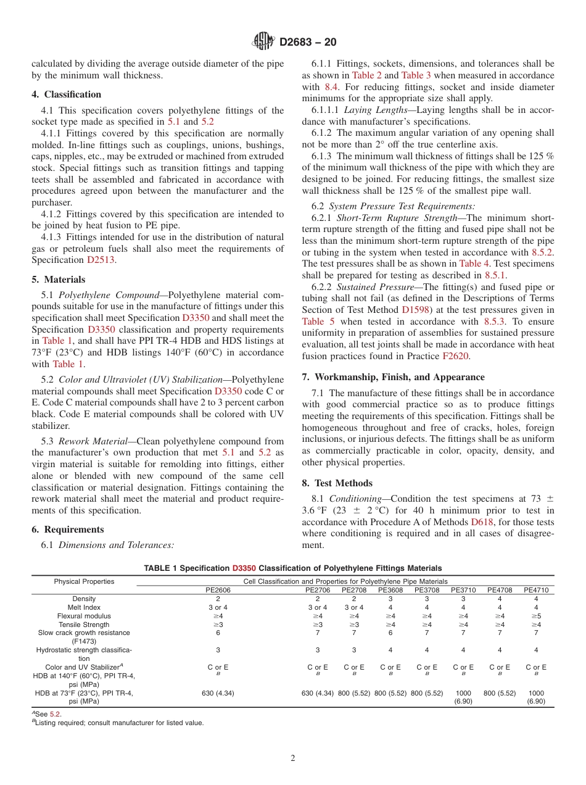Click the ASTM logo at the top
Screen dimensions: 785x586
264,42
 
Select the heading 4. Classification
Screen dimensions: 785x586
67,94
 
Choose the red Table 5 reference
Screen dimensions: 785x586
317,321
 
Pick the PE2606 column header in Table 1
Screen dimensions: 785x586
218,590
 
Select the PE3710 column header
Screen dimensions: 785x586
463,590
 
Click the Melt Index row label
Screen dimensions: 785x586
84,607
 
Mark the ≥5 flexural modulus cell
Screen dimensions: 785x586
535,616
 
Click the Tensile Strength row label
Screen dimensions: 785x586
84,625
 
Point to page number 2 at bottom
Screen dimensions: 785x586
293,758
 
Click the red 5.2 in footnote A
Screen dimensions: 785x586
55,714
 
